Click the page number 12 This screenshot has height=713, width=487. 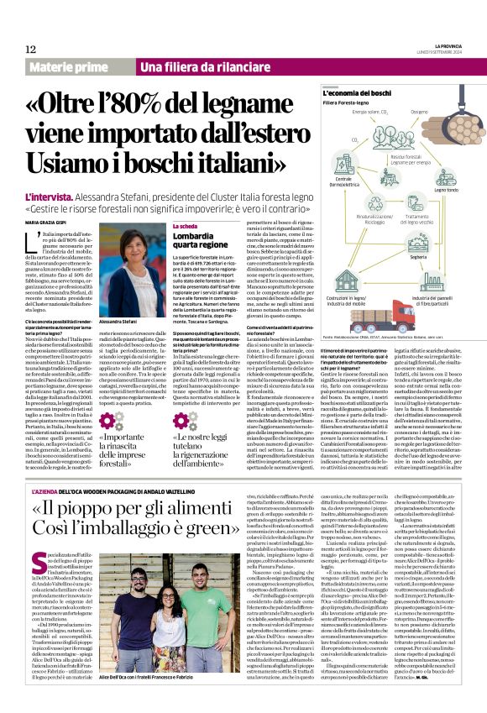tap(31, 50)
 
